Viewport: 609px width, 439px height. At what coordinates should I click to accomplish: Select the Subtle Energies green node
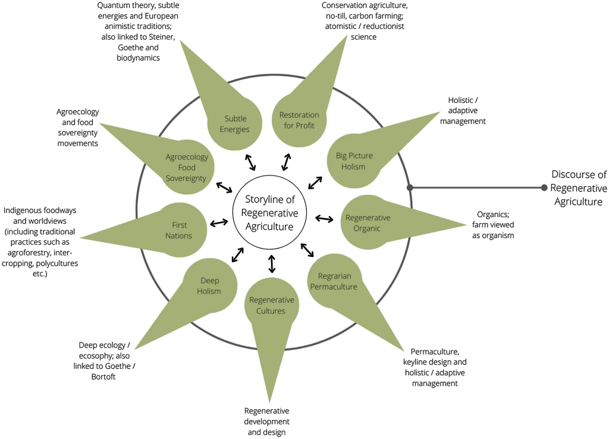235,124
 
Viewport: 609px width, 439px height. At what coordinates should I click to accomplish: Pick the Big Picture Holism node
354,161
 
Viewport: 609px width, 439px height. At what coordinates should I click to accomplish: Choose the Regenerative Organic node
368,222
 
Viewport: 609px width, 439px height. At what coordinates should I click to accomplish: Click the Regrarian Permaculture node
337,281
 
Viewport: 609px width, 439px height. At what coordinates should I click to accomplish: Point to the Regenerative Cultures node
271,305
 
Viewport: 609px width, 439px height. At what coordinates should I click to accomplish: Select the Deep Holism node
209,286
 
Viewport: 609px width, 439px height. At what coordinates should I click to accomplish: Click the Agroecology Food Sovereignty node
187,168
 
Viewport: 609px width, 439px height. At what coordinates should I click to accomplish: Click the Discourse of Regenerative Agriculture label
579,188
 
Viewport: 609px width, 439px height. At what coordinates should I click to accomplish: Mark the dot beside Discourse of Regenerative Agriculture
544,188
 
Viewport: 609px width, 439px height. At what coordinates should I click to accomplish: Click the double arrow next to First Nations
219,222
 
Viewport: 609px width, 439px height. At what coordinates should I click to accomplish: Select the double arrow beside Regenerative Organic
324,218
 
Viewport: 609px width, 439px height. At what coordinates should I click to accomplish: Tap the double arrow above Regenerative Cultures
272,264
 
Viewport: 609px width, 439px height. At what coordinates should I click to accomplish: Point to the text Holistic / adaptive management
466,111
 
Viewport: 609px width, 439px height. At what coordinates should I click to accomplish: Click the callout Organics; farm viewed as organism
492,225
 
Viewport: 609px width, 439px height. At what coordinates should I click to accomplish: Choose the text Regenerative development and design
266,421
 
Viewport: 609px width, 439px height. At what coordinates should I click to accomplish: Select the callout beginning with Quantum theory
138,32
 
